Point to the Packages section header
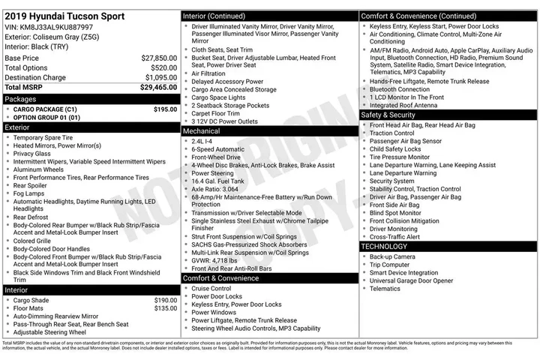tap(21, 99)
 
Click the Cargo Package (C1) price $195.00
tap(165, 109)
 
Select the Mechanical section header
tap(202, 130)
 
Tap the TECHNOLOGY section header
tap(385, 246)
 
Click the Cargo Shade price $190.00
tap(165, 300)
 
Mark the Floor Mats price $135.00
tap(165, 308)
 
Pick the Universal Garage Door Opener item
tap(411, 280)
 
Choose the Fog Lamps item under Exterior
tap(30, 193)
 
